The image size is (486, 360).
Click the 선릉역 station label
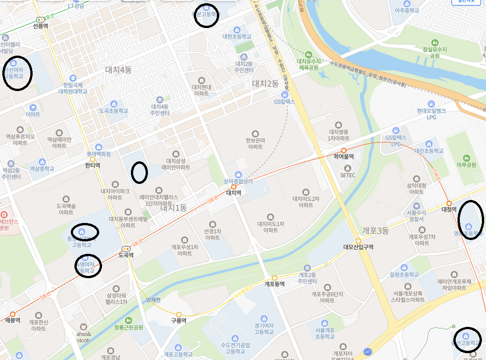coord(41,26)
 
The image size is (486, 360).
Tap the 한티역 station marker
coord(93,159)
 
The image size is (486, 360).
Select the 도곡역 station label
coord(126,255)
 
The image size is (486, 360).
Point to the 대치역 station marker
coord(233,187)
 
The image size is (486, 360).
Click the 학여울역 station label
coord(344,157)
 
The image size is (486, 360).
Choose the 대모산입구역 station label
coord(358,247)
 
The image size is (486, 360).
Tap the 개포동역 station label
coord(275,284)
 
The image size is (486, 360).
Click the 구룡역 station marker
coord(179,315)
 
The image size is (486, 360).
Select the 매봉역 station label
coord(12,320)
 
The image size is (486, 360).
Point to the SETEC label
coord(348,175)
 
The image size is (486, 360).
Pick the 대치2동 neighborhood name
coord(265,84)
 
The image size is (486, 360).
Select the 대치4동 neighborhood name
coord(119,70)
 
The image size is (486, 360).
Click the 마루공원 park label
coord(466,164)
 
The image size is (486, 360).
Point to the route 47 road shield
coord(367,352)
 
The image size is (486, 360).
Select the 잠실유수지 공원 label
coord(431,52)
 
